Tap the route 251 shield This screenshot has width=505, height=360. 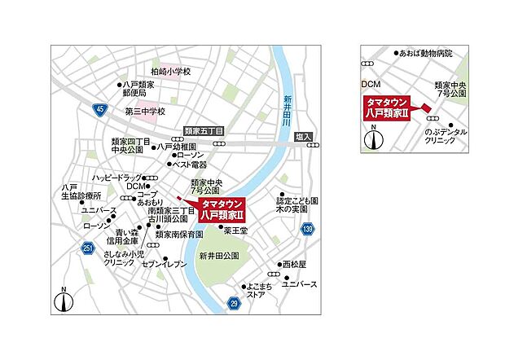pos(88,247)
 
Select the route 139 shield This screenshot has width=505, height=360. pos(307,230)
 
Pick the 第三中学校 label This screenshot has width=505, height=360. pos(144,111)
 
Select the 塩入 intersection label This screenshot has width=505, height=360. pos(303,137)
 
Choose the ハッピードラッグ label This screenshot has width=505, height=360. pos(117,177)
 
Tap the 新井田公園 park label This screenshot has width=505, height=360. pos(219,256)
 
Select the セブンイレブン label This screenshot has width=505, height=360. pos(165,265)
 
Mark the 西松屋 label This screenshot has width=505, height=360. pos(294,265)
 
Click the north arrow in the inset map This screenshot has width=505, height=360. pos(373,138)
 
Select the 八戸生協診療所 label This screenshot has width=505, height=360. pos(81,192)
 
